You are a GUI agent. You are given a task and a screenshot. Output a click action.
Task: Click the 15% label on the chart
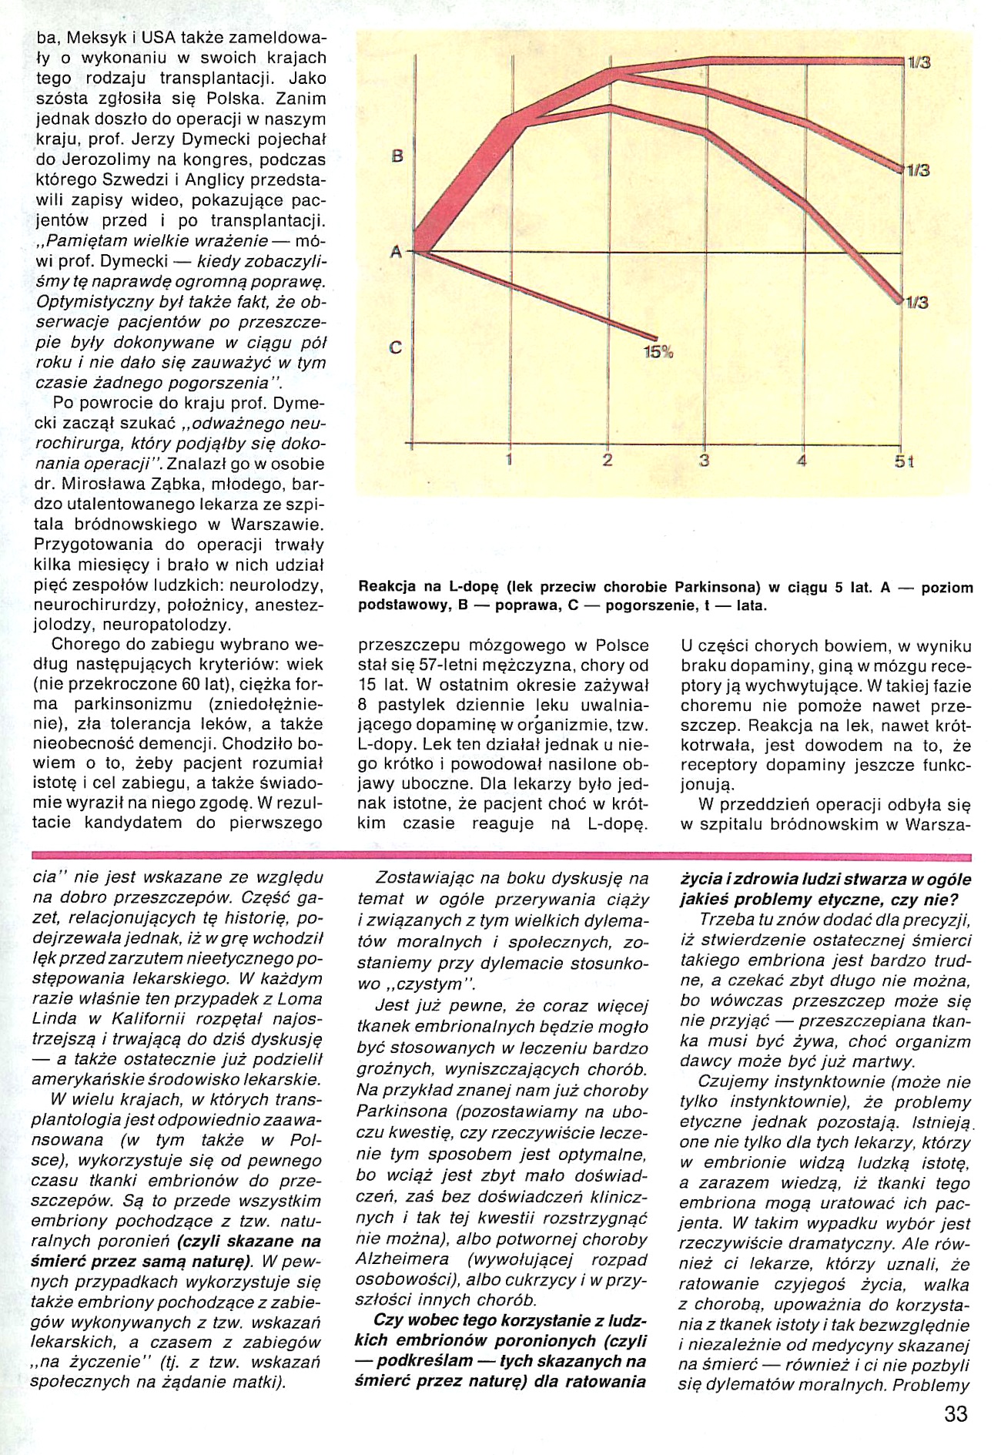[x=657, y=354]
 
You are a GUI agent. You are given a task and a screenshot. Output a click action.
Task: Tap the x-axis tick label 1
[x=509, y=461]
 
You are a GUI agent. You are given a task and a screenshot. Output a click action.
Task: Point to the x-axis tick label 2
[x=608, y=461]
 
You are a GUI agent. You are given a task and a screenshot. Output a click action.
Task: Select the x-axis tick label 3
[x=704, y=461]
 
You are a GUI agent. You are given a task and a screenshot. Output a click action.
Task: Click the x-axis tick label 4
[x=802, y=461]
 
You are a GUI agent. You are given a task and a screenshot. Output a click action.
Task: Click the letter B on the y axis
[x=397, y=156]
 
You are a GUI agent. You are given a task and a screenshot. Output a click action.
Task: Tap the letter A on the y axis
[x=396, y=252]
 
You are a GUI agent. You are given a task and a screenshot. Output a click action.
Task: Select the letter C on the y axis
[x=396, y=347]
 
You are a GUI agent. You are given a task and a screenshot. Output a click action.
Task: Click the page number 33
[x=955, y=1414]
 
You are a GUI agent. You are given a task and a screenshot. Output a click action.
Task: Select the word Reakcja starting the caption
[x=390, y=588]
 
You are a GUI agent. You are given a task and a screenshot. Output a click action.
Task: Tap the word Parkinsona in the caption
[x=717, y=588]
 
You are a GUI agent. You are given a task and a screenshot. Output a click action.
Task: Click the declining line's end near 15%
[x=656, y=337]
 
